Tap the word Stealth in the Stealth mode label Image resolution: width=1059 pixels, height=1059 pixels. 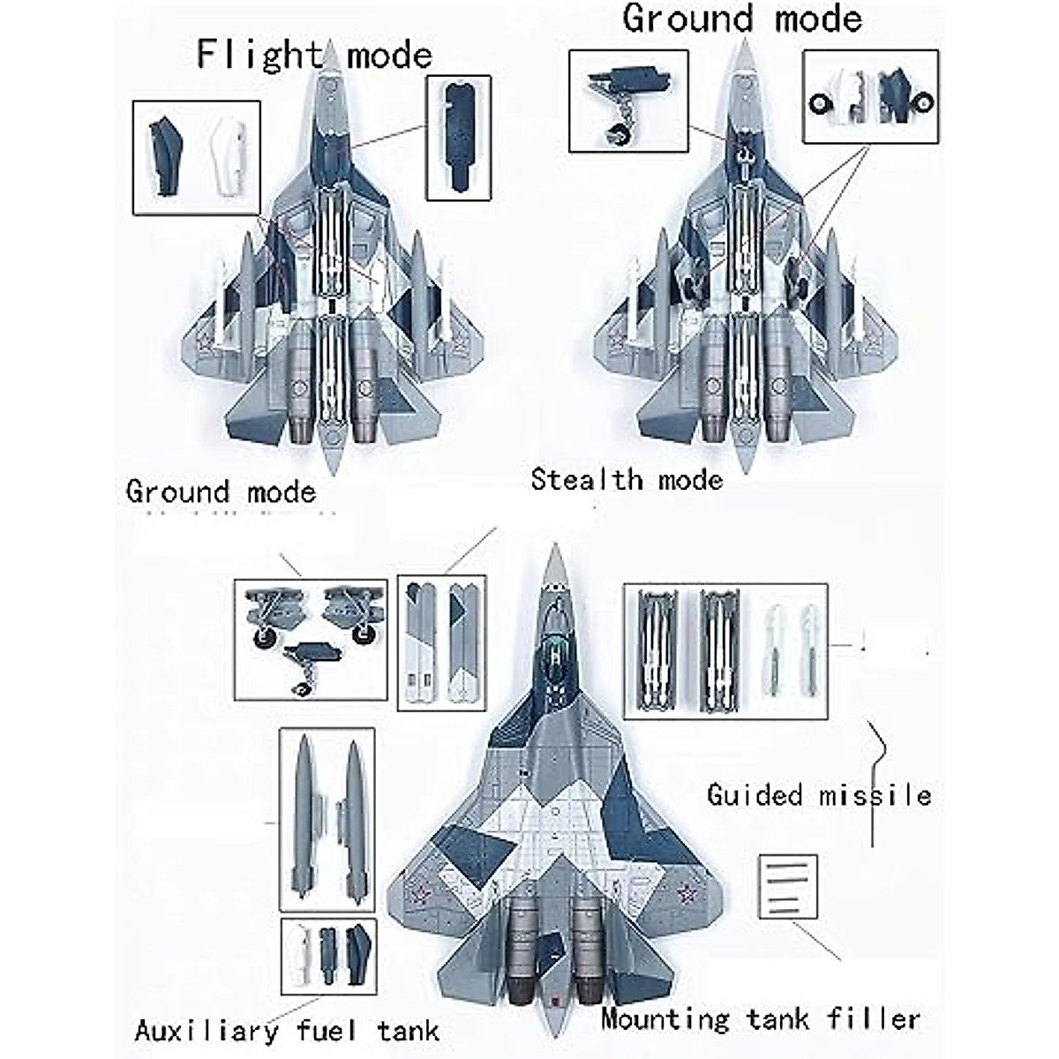click(586, 480)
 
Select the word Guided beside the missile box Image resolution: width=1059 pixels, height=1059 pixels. click(755, 796)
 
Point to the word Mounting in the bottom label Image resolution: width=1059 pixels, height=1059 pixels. click(665, 1019)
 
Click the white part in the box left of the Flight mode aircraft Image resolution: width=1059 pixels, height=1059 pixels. click(229, 157)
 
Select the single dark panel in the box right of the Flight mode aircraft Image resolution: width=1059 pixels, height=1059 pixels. click(458, 137)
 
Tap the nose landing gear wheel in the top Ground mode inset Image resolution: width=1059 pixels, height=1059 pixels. click(618, 134)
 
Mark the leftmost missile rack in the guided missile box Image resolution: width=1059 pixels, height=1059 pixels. click(655, 651)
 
